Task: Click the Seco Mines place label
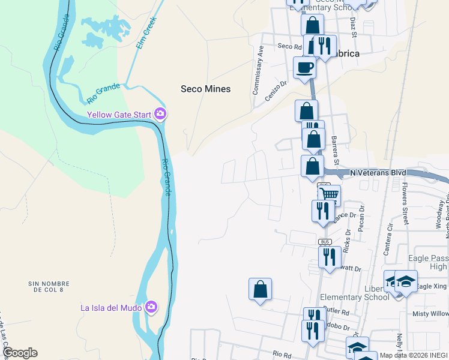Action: coord(205,89)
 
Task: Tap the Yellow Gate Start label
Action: coord(119,114)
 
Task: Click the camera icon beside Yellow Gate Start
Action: coord(160,113)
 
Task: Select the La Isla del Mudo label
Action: coord(112,308)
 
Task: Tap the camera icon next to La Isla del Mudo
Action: coord(151,308)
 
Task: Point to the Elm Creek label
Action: coord(145,37)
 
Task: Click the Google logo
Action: coord(20,353)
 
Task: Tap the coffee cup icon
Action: coord(304,67)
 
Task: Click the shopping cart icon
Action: coord(329,194)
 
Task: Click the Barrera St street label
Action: coord(335,151)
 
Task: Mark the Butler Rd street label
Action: coord(337,312)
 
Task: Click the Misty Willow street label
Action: coord(430,314)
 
